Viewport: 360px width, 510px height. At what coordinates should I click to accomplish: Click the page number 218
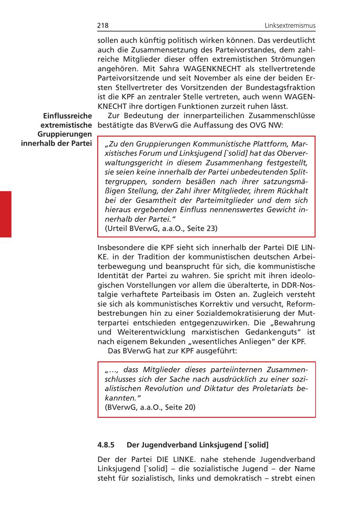point(103,26)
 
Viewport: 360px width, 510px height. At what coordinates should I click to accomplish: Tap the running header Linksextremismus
point(290,26)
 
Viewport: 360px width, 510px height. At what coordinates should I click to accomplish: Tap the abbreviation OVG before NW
point(262,125)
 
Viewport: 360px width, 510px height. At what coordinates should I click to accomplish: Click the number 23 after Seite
point(212,229)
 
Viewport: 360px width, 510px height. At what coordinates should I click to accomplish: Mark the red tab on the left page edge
point(6,214)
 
